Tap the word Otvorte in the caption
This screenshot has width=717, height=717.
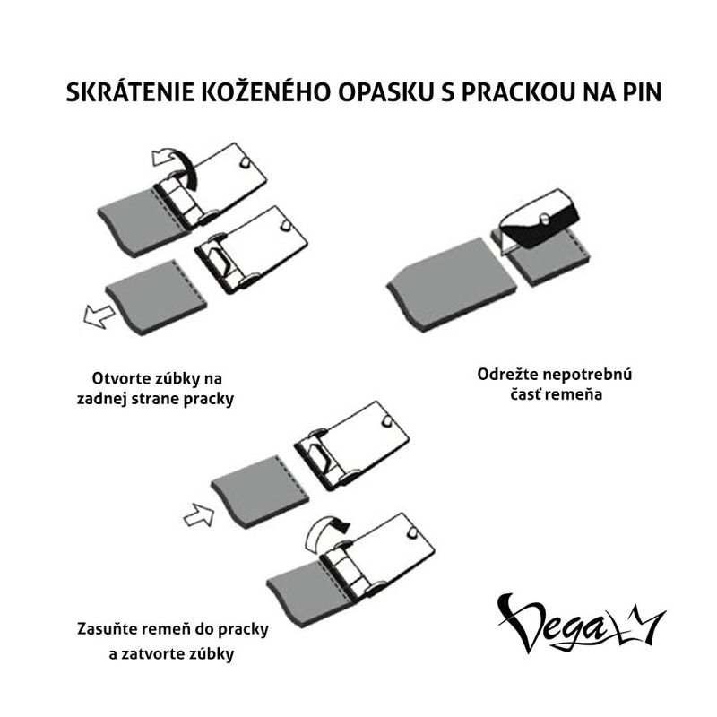[x=120, y=378]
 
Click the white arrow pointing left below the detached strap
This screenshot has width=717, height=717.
[x=99, y=315]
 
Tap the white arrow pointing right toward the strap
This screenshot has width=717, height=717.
[x=199, y=515]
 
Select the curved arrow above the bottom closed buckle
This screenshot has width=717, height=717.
[x=324, y=534]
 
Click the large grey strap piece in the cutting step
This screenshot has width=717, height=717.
[x=452, y=284]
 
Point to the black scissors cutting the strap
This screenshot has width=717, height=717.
[x=540, y=220]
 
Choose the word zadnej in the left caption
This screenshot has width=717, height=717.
[x=102, y=399]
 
